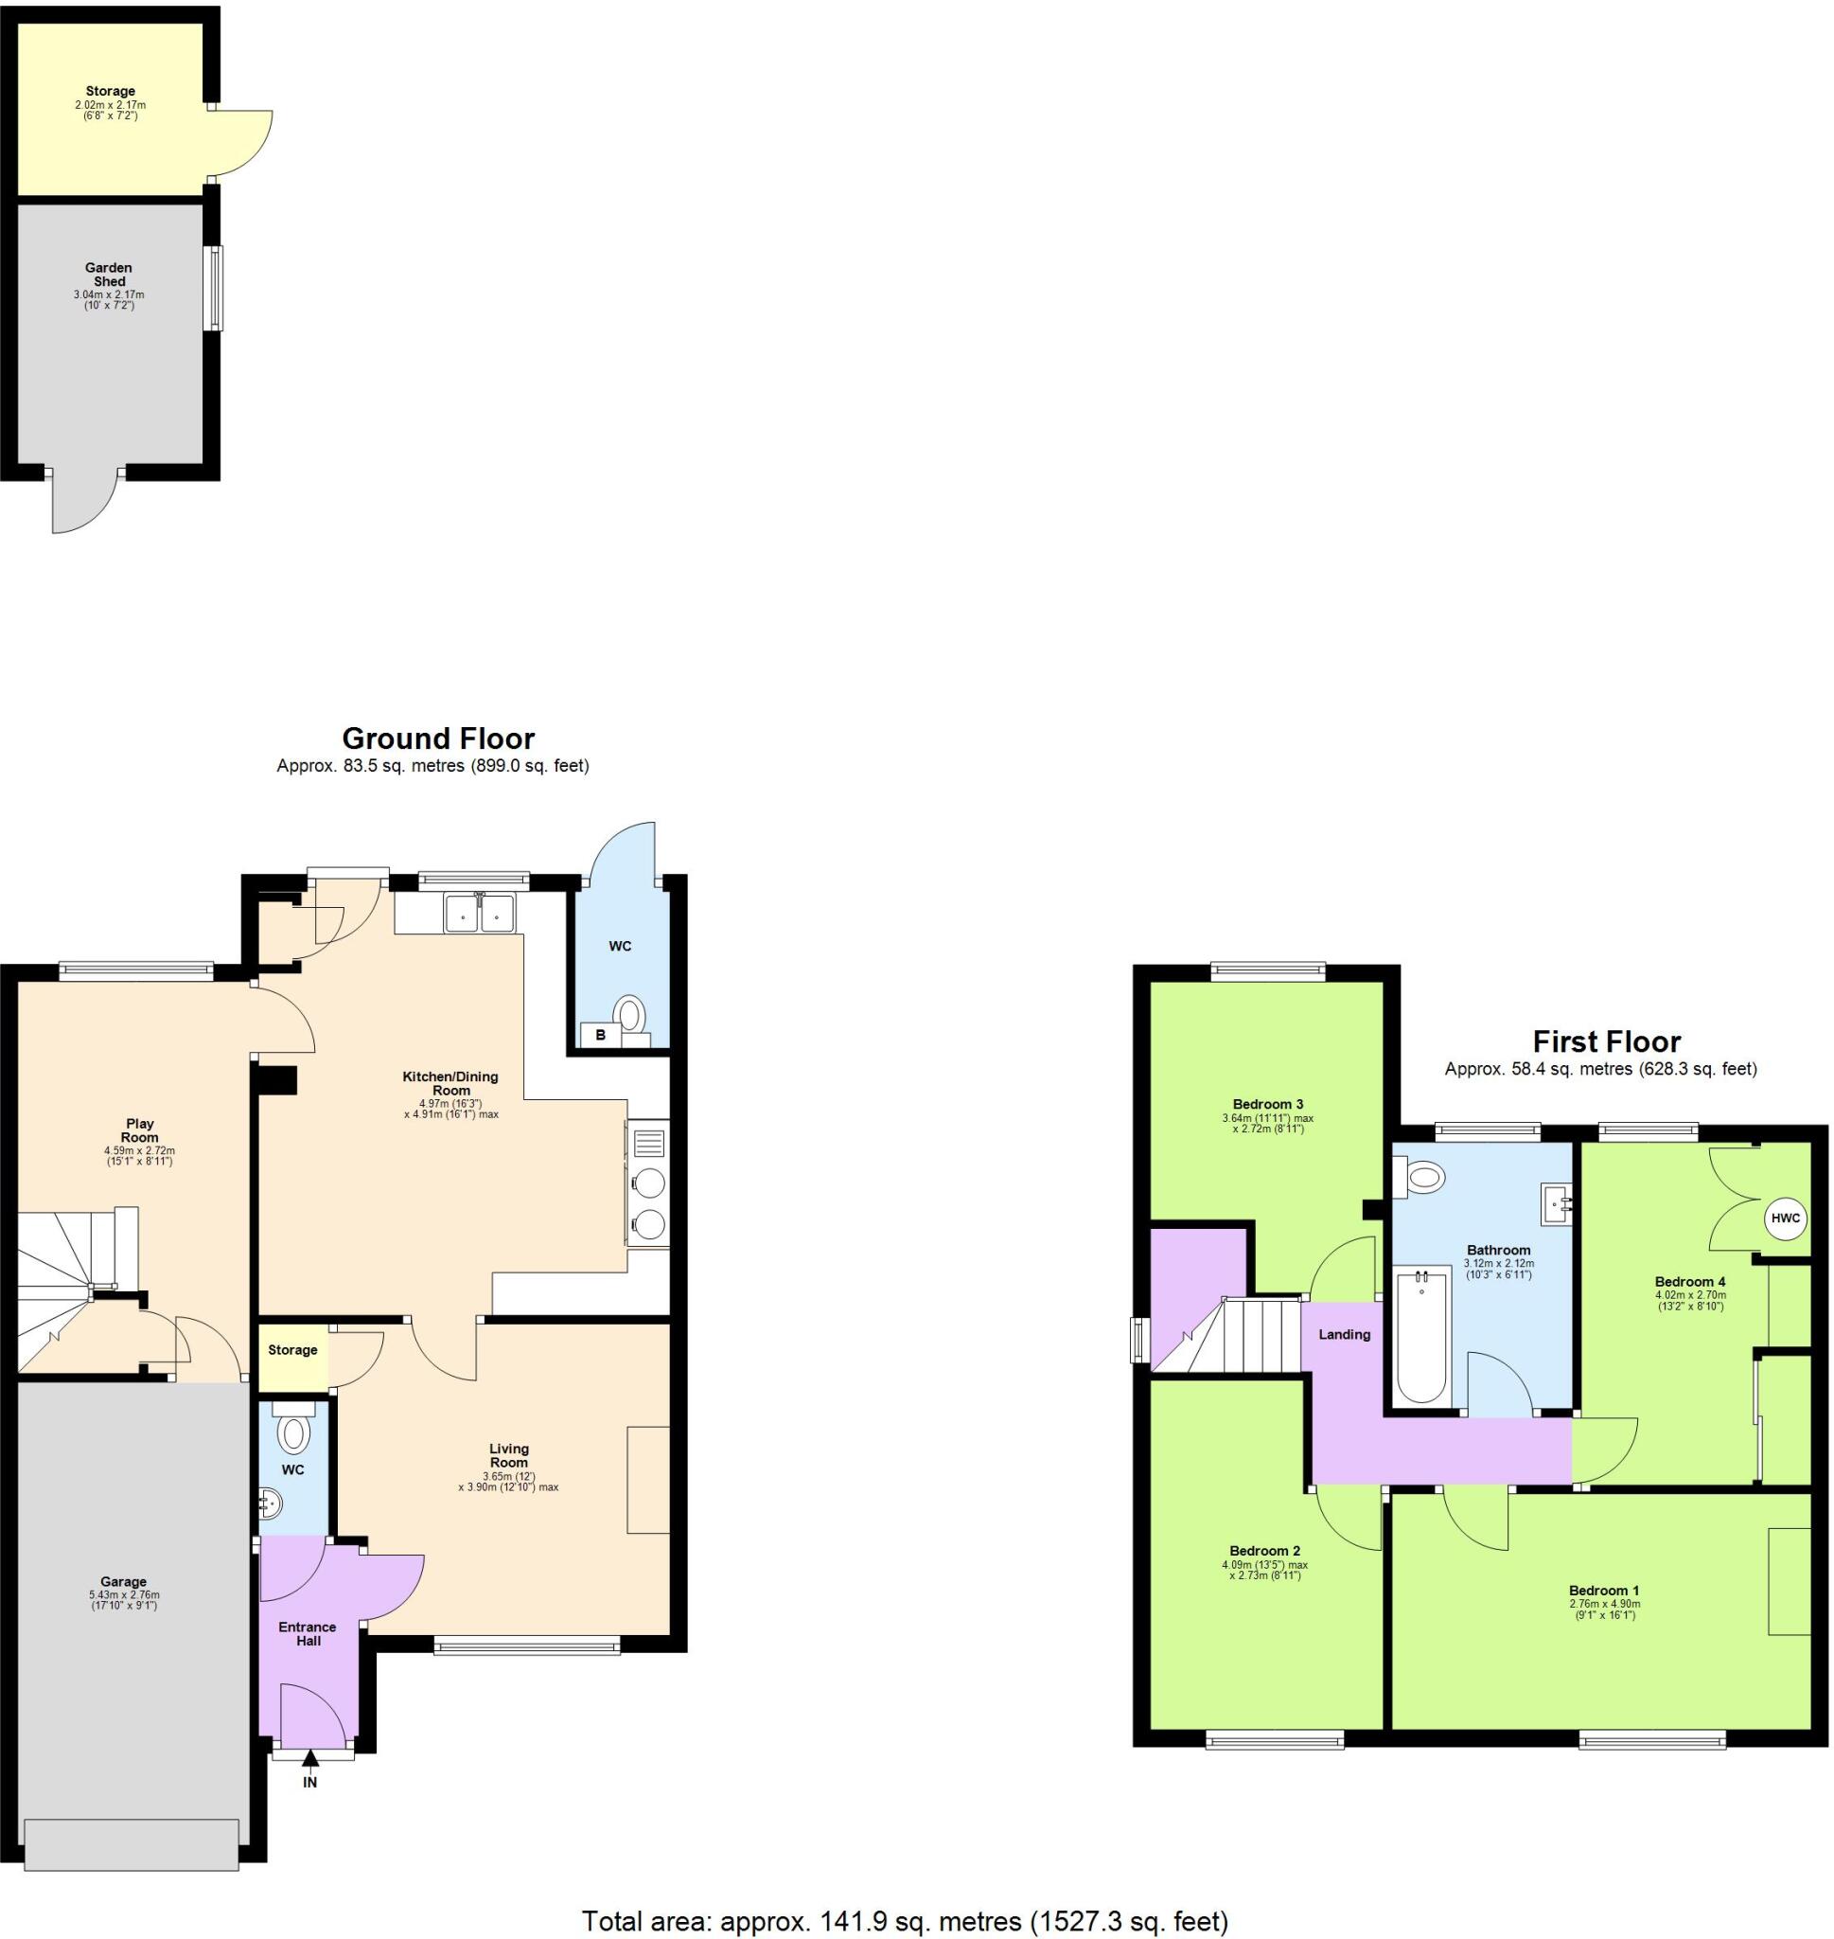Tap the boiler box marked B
[600, 1035]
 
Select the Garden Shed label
[110, 274]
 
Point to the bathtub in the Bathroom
[1422, 1337]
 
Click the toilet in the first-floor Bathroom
[1423, 1178]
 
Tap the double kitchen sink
[479, 915]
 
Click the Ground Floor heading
[438, 738]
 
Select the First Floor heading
[1605, 1041]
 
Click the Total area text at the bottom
[905, 1919]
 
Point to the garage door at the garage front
[132, 1843]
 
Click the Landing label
[1344, 1335]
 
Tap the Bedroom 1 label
[1604, 1590]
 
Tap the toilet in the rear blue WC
[630, 1012]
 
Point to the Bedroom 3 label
[1267, 1104]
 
